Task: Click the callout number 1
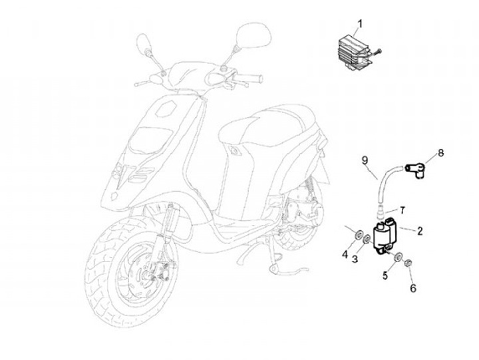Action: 360,25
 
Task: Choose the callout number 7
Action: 400,210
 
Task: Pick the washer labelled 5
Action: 397,258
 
